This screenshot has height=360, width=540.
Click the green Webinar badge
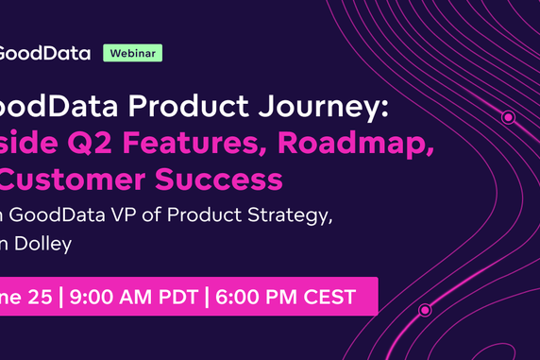coord(133,53)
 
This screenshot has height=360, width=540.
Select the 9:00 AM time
coord(111,297)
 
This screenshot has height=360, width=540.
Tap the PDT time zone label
coord(177,297)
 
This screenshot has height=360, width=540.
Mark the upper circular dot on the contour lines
coord(508,118)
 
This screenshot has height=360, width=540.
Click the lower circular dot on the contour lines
coord(425,309)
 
